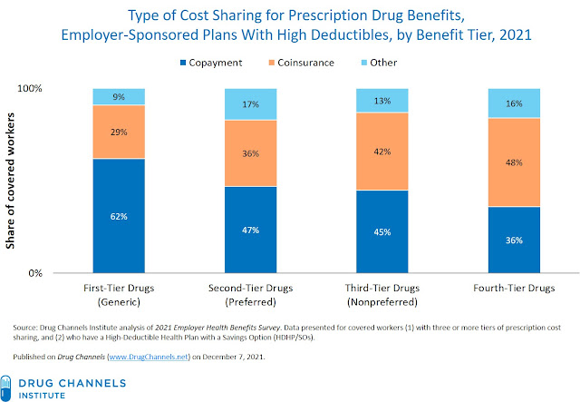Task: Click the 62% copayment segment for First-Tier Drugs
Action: (x=119, y=216)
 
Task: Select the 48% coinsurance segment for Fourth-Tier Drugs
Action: (x=514, y=162)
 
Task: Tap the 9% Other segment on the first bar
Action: (x=119, y=97)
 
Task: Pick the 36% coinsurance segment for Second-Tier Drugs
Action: (x=251, y=153)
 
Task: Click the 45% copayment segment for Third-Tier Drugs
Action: (x=382, y=231)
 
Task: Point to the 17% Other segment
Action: (x=251, y=104)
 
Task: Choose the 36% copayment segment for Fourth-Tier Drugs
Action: (x=514, y=240)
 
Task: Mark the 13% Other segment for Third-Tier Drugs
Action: (x=382, y=101)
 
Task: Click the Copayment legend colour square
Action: (x=183, y=63)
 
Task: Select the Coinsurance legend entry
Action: (x=302, y=63)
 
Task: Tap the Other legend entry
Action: (x=379, y=63)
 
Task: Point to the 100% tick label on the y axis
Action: (x=30, y=88)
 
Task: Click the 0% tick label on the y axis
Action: (x=35, y=273)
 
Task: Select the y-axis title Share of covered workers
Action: (x=10, y=181)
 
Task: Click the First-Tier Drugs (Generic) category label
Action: (x=119, y=295)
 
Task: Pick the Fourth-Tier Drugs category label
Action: (x=514, y=288)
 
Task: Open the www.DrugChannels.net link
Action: (x=149, y=357)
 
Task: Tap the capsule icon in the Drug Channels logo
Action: (x=6, y=387)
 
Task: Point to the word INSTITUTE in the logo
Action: (x=42, y=396)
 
